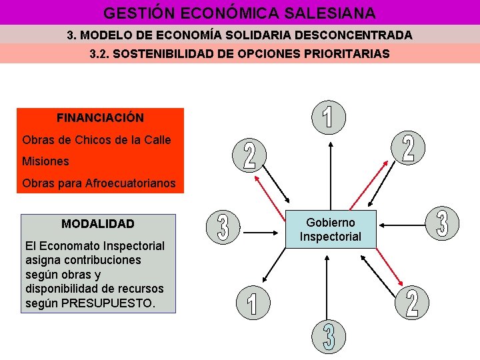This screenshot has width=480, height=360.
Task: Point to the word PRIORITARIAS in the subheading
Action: click(343, 54)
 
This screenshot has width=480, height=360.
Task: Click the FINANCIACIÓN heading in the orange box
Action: click(100, 118)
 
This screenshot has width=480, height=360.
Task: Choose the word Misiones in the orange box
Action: click(45, 161)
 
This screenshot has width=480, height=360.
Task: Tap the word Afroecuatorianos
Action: click(131, 183)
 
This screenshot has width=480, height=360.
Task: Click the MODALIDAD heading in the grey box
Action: click(98, 224)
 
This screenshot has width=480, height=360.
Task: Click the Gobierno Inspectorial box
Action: click(331, 229)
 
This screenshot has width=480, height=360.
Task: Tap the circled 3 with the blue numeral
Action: click(329, 337)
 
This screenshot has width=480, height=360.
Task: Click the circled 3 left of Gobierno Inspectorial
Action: click(224, 227)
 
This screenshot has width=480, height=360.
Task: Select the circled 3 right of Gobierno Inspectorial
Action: click(441, 223)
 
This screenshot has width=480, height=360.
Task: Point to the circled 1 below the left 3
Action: click(251, 303)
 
